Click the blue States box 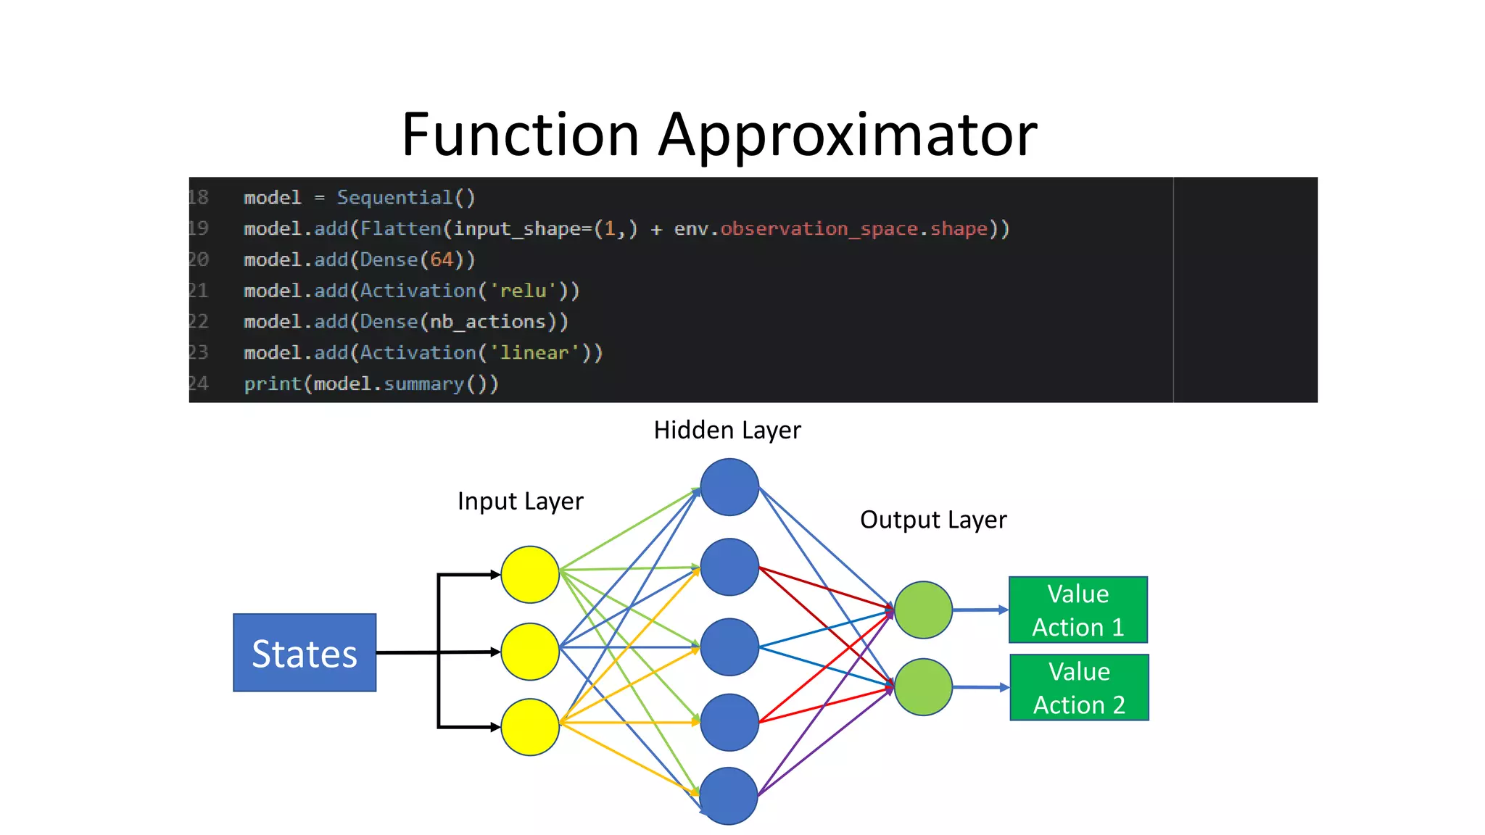[305, 652]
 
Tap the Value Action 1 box [1077, 610]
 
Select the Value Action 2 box [1079, 687]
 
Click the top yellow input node [530, 575]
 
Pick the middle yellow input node [530, 652]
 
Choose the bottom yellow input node [530, 727]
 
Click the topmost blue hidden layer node [729, 487]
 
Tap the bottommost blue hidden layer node [729, 796]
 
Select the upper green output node [923, 610]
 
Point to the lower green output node [923, 687]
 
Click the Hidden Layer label [727, 431]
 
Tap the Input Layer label [520, 502]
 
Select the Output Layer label [933, 520]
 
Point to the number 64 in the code [442, 259]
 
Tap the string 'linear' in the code [534, 353]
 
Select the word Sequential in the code [394, 198]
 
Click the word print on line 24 [272, 383]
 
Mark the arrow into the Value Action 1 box [980, 610]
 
